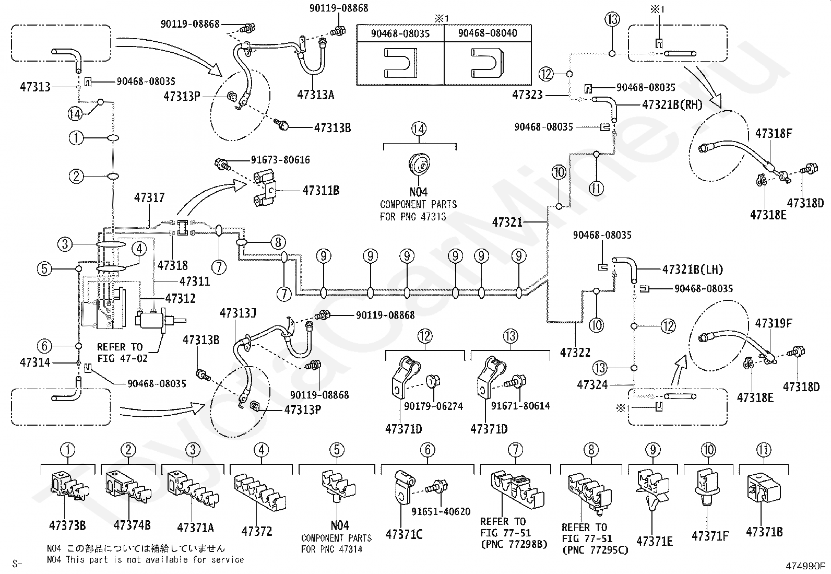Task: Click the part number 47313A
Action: tap(316, 95)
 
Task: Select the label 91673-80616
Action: tap(280, 160)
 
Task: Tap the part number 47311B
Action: tap(321, 191)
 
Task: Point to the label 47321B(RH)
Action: tap(672, 105)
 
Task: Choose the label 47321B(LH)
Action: tap(693, 270)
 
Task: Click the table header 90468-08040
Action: tap(488, 33)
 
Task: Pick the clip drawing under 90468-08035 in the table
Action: tap(400, 63)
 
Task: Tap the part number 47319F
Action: tap(774, 323)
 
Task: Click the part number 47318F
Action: tap(774, 133)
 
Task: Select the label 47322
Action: tap(575, 353)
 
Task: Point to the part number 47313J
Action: tap(238, 313)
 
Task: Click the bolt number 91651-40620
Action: tap(441, 512)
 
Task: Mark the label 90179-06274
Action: tap(433, 406)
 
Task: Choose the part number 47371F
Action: tap(710, 536)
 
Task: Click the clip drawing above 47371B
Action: tap(764, 487)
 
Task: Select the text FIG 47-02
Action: tap(123, 358)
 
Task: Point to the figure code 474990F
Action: tap(805, 566)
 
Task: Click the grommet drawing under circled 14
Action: tap(420, 164)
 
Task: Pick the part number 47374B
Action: tap(132, 525)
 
